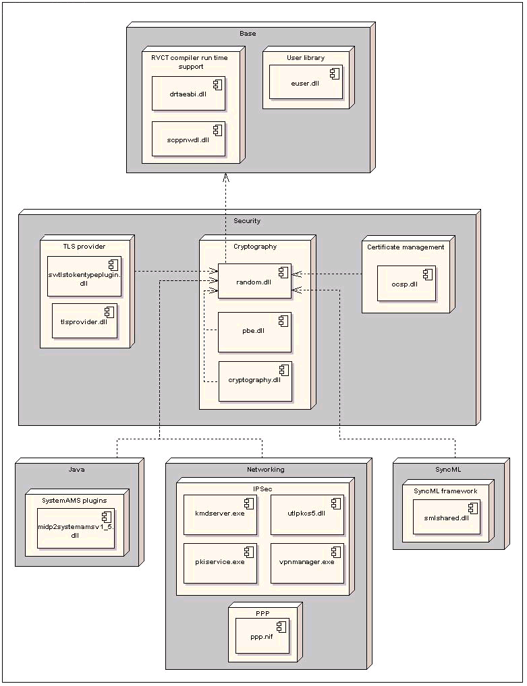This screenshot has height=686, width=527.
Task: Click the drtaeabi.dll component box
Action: [188, 93]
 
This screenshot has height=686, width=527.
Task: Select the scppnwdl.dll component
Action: [188, 138]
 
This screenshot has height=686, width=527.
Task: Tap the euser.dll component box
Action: [305, 82]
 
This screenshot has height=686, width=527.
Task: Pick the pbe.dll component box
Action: [254, 332]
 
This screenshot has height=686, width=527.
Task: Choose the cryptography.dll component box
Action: [254, 381]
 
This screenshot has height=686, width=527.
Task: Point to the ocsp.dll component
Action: [406, 283]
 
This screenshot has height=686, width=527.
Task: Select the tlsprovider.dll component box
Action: [84, 320]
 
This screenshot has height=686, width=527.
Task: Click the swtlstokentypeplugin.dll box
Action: [84, 276]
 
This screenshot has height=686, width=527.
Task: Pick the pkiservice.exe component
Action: [219, 563]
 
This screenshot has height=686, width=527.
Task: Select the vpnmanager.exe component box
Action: [306, 563]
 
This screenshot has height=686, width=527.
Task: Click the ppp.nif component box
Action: [262, 635]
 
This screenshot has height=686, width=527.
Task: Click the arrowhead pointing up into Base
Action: [226, 177]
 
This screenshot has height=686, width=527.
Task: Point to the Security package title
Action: [246, 220]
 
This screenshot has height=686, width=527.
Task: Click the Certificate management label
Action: [406, 247]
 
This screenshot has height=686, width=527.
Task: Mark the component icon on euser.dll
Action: [334, 72]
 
